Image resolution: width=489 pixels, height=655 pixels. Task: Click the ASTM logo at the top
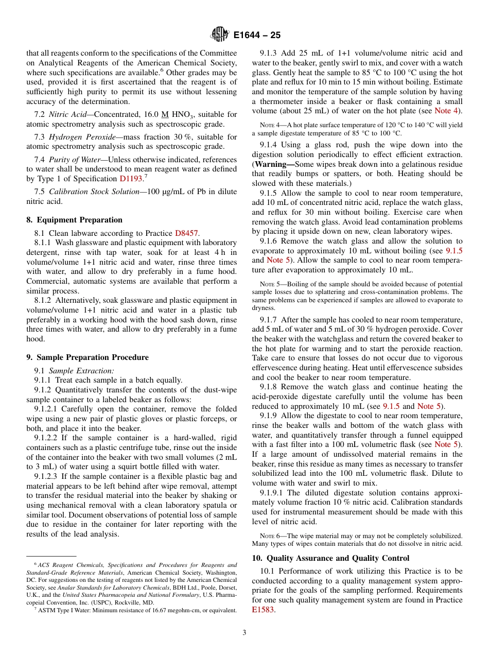[x=220, y=35]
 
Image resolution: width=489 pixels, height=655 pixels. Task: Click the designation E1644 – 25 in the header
[x=257, y=36]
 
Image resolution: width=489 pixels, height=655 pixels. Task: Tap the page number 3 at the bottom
[x=244, y=633]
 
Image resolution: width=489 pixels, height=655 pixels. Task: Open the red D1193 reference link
[x=131, y=179]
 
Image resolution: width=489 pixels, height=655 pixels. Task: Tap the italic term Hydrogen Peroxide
[x=78, y=137]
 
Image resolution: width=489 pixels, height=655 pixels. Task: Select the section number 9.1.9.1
[x=272, y=493]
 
